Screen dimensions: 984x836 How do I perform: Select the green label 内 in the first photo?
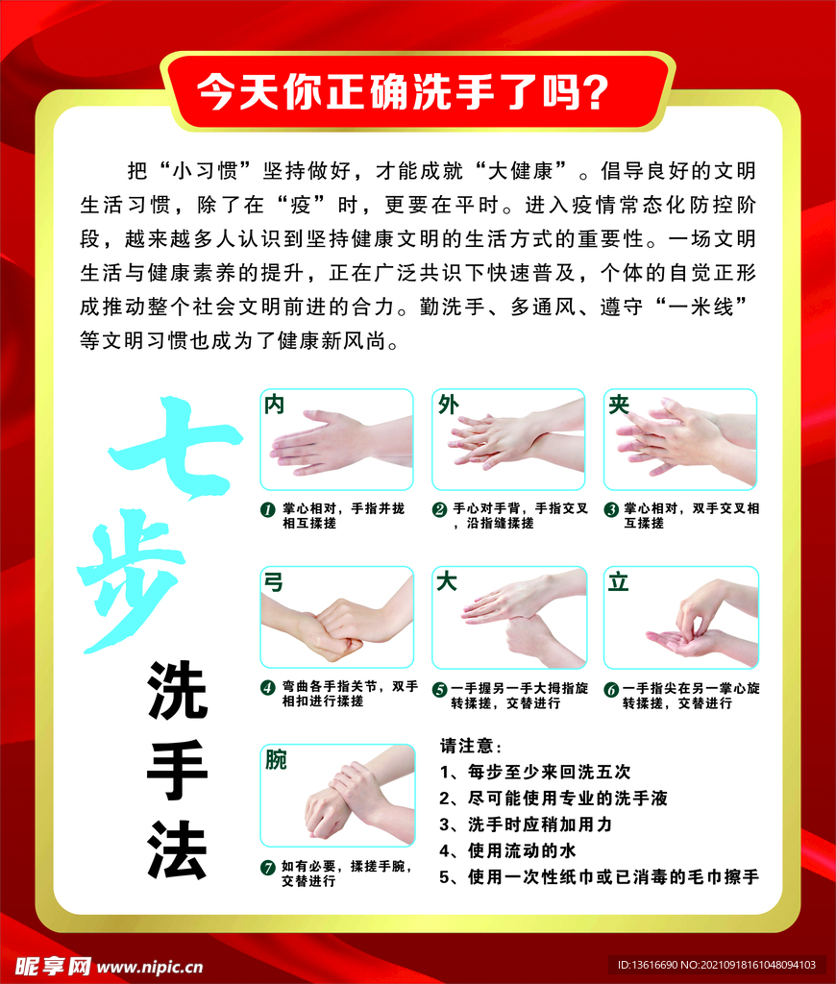[x=275, y=405]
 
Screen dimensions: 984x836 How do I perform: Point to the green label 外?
[x=448, y=405]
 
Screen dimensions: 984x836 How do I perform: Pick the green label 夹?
[x=619, y=405]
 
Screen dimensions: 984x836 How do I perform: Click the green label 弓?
[x=275, y=582]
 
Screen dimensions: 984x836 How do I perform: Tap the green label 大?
[x=447, y=582]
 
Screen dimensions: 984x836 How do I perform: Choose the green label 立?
[x=619, y=582]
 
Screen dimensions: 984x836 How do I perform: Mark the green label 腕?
[x=277, y=760]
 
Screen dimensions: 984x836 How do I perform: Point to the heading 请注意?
[x=471, y=747]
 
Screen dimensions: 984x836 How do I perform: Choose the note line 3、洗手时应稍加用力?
[x=526, y=824]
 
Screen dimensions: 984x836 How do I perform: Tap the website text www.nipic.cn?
[x=151, y=966]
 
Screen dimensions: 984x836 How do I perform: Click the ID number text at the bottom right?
[x=715, y=965]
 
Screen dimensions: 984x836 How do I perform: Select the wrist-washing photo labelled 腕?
[x=337, y=796]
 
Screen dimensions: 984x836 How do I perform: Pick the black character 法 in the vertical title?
[x=178, y=850]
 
